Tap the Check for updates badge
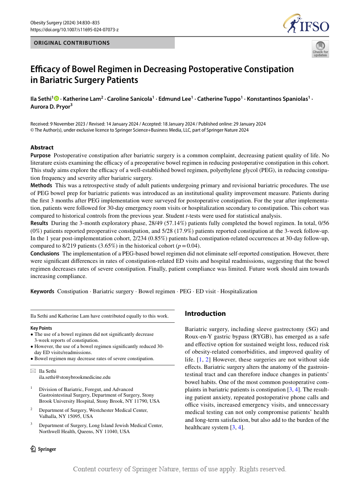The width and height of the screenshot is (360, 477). (x=320, y=49)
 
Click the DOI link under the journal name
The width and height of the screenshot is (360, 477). (x=74, y=30)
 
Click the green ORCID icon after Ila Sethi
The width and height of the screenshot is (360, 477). (x=57, y=99)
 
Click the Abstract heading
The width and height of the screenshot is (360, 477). (x=42, y=147)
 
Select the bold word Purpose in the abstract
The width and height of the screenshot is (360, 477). (x=40, y=156)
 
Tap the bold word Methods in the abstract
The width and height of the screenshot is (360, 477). (x=41, y=185)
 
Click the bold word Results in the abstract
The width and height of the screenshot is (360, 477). (x=40, y=223)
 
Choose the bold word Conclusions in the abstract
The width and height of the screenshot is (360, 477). (x=45, y=253)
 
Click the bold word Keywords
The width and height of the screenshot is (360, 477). (x=42, y=291)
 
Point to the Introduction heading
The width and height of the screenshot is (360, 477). (x=205, y=314)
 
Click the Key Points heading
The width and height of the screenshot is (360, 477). (x=41, y=328)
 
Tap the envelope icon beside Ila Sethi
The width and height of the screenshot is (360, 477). (x=33, y=371)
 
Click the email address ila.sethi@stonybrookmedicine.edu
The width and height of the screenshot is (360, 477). (x=75, y=378)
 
